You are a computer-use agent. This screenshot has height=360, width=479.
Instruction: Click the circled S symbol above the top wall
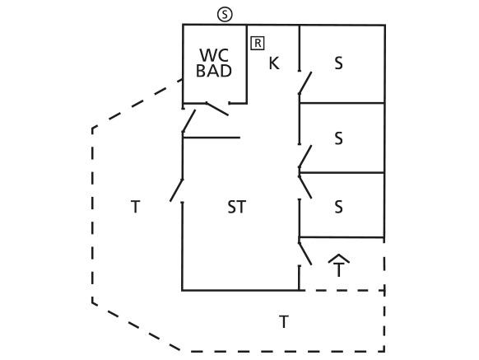[x=225, y=14]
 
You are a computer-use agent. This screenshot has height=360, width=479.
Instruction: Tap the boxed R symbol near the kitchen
[x=258, y=43]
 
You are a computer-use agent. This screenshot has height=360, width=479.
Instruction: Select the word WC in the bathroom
[x=215, y=55]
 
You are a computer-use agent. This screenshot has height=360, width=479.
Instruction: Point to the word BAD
[x=214, y=71]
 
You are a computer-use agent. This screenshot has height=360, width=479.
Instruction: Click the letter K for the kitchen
[x=274, y=63]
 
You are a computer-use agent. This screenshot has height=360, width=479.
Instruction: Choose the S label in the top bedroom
[x=338, y=63]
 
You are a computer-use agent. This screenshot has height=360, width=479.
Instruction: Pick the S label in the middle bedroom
[x=338, y=138]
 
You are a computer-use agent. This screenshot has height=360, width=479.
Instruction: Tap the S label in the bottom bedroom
[x=338, y=207]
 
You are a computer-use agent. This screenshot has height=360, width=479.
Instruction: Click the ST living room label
[x=237, y=207]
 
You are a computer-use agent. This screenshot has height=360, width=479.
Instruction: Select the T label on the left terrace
[x=136, y=207]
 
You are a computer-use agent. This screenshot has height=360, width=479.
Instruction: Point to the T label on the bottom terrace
[x=284, y=322]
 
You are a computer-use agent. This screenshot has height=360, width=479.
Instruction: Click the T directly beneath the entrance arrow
[x=338, y=270]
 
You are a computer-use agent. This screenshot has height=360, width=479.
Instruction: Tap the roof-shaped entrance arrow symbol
[x=338, y=258]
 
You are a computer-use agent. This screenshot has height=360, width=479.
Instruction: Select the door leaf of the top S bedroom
[x=305, y=83]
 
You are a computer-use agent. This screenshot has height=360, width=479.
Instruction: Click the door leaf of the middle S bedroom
[x=305, y=157]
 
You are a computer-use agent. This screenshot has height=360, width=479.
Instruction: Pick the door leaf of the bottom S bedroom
[x=305, y=187]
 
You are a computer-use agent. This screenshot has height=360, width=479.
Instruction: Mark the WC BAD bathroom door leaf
[x=217, y=110]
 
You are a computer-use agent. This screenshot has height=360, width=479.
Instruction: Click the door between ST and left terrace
[x=177, y=190]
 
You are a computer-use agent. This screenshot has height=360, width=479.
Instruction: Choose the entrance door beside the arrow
[x=305, y=254]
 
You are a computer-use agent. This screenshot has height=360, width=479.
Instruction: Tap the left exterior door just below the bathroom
[x=188, y=121]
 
